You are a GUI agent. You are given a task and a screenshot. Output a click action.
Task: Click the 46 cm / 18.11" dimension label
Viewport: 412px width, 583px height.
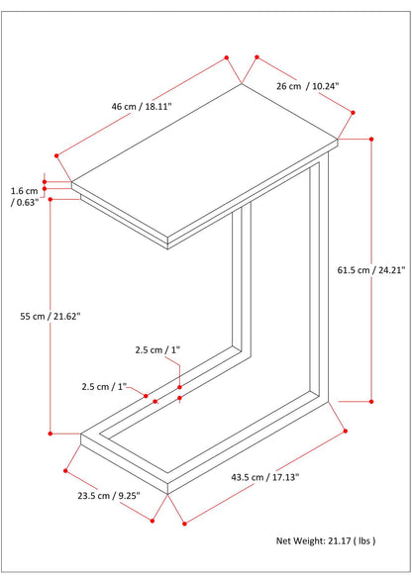142,107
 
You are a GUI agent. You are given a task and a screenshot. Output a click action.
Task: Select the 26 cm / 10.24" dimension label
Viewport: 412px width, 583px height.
307,86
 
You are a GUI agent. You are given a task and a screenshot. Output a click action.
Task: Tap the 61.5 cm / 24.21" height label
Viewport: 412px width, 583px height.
371,270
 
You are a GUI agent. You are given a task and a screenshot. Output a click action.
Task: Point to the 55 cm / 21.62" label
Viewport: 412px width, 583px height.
51,317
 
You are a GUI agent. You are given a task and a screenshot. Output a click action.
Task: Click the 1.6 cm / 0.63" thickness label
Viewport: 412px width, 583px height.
25,197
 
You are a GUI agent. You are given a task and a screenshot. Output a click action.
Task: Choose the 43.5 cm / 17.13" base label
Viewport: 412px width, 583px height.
265,477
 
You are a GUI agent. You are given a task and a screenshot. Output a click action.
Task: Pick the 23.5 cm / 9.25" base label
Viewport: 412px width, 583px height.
109,496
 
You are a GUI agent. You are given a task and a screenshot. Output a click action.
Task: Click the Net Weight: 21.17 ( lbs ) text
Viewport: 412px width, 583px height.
326,541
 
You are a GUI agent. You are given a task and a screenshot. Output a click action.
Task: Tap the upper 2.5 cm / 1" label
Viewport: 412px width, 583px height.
157,349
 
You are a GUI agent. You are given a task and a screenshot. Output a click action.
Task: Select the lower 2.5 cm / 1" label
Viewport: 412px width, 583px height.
104,387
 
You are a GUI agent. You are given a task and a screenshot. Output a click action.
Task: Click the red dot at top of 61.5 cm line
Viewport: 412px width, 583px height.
371,139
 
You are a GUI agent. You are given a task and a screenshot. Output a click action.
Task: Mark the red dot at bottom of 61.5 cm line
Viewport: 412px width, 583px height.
371,402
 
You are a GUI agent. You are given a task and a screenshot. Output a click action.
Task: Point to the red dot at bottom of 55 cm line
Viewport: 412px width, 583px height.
51,434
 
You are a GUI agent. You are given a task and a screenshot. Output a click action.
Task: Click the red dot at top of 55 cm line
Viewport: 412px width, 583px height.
51,200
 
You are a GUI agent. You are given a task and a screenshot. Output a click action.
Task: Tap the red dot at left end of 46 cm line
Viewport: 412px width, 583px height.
56,155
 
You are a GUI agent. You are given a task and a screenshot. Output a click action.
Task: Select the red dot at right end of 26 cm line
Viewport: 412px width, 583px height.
353,113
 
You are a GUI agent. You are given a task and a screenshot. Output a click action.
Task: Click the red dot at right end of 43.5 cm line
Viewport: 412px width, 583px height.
346,431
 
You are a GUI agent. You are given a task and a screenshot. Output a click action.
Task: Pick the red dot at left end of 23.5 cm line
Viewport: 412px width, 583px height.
65,471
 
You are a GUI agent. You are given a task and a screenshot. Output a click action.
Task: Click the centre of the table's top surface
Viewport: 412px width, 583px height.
205,160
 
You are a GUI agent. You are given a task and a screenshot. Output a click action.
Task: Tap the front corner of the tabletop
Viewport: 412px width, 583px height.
167,238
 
